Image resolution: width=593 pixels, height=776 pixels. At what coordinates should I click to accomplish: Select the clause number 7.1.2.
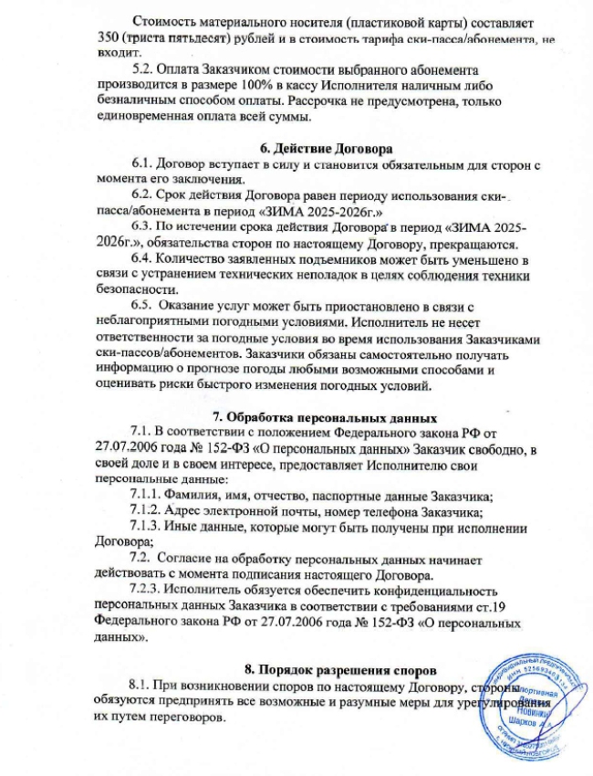150,511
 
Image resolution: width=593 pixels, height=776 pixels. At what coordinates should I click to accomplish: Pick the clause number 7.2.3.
150,591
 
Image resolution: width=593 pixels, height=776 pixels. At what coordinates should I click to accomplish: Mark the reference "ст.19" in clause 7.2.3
501,606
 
